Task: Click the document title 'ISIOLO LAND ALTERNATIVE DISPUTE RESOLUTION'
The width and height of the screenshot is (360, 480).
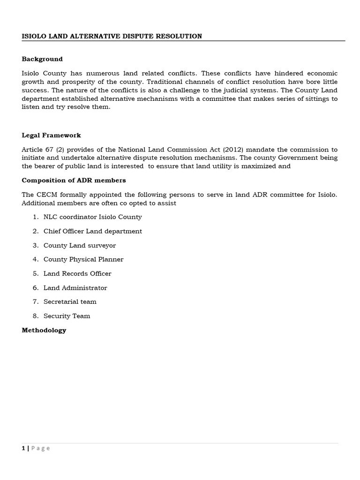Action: [112, 36]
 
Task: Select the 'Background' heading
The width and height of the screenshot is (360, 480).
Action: [42, 59]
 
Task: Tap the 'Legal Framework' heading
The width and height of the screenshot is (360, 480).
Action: [51, 135]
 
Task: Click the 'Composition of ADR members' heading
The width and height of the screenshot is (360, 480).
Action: [74, 180]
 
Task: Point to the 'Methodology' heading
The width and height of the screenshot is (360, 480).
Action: [44, 330]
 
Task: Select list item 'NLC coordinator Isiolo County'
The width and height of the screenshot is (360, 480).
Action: [92, 217]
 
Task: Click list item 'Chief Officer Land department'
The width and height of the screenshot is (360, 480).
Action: [92, 231]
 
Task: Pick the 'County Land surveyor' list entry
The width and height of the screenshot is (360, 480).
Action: [79, 245]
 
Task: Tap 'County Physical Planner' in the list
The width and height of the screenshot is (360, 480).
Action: [83, 259]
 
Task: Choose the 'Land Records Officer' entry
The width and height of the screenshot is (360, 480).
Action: [77, 273]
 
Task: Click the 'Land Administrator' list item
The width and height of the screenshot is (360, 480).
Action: [75, 288]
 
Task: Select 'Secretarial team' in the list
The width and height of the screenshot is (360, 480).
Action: [70, 301]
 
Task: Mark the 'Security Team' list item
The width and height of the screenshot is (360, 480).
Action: [67, 316]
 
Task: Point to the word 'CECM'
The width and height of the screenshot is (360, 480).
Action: [46, 195]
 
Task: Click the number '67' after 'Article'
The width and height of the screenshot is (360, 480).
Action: [49, 150]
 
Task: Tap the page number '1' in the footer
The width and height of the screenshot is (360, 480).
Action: [23, 448]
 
